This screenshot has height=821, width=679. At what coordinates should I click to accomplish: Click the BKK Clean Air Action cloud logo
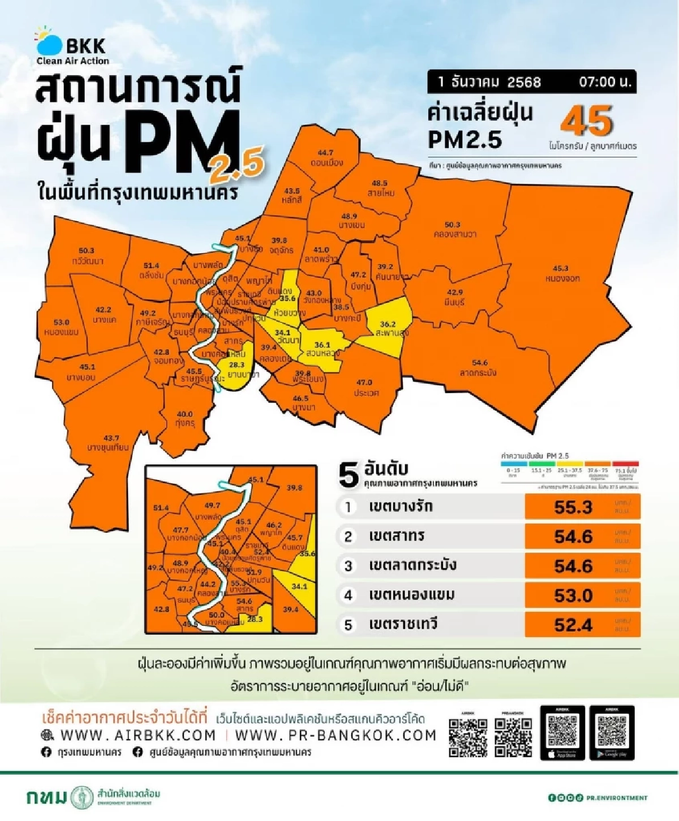(x=49, y=42)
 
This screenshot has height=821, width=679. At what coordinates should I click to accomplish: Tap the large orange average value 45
(x=586, y=121)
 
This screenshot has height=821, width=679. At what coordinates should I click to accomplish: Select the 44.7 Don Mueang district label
(x=326, y=158)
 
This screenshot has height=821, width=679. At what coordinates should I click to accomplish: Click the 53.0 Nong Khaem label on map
(x=61, y=327)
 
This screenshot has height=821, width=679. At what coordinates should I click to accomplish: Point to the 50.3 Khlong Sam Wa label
(x=454, y=229)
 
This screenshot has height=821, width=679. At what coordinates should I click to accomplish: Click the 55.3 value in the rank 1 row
(x=573, y=507)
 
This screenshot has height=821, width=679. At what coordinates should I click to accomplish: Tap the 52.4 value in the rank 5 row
(x=573, y=625)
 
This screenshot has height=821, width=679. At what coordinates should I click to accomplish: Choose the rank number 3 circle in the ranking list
(x=349, y=566)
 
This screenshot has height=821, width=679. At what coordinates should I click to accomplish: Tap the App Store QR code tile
(x=562, y=733)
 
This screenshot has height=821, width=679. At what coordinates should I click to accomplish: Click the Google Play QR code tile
(x=612, y=733)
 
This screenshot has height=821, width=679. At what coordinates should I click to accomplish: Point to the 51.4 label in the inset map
(x=161, y=508)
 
